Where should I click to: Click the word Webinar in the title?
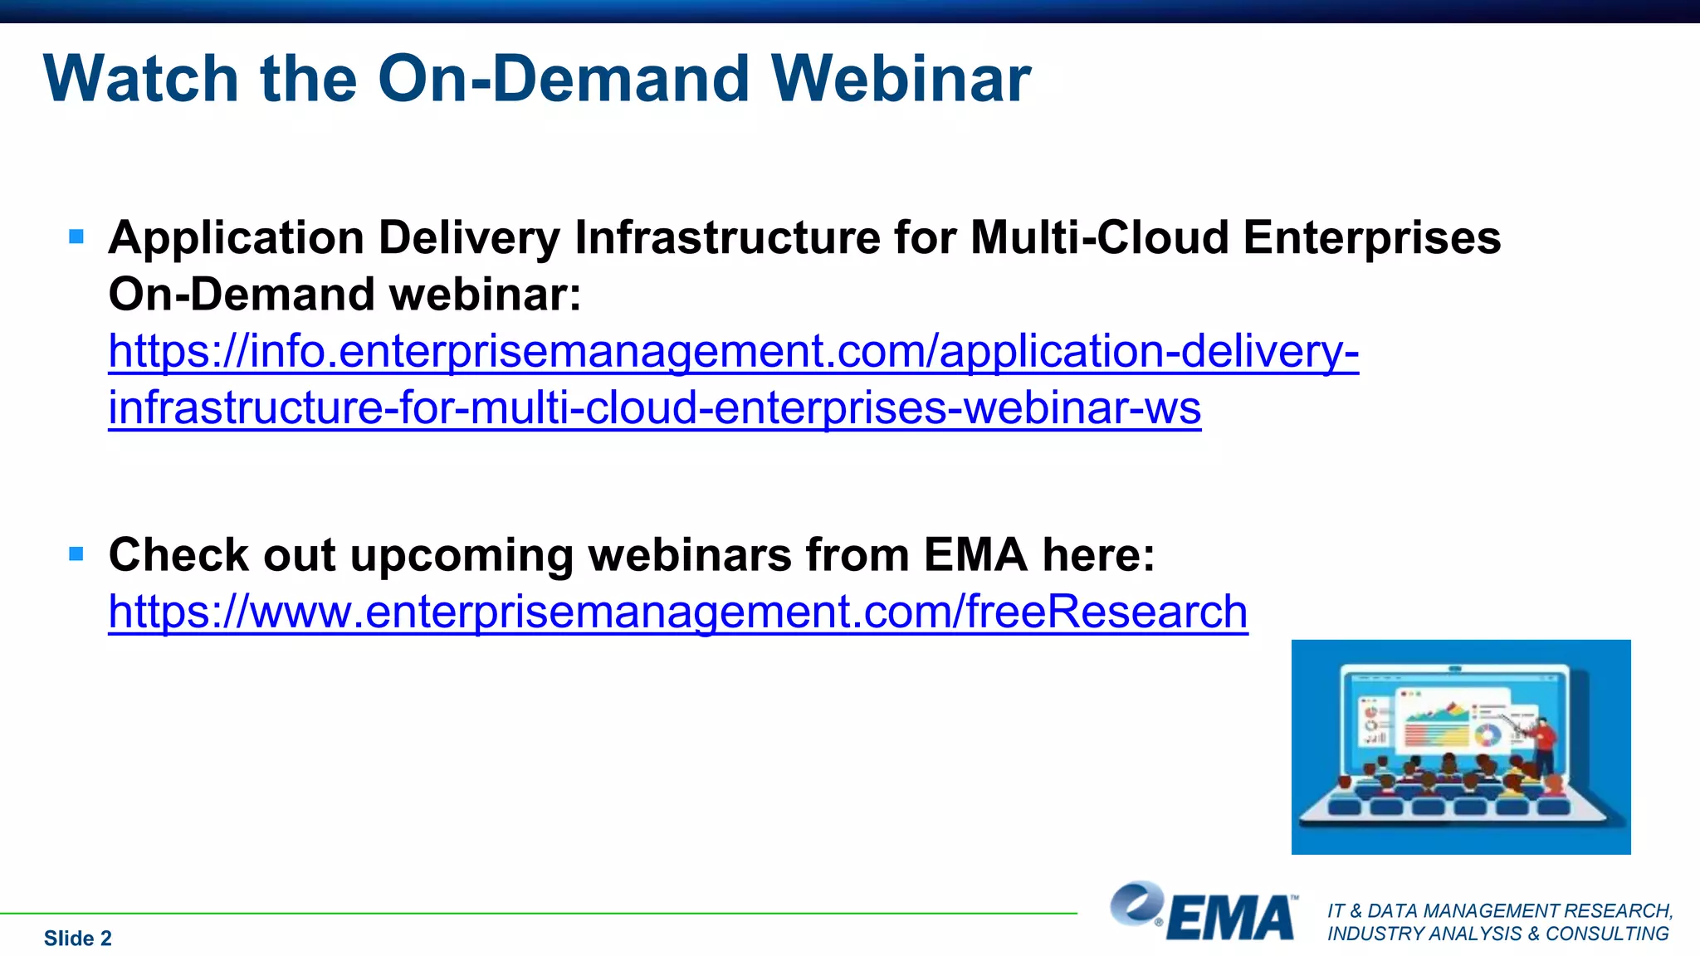point(901,79)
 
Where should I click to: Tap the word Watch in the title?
point(141,79)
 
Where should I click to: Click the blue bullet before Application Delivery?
point(76,237)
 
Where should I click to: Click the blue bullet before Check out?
point(76,554)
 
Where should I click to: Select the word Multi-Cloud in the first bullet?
point(1100,238)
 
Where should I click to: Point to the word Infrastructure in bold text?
point(727,238)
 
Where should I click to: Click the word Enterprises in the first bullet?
point(1371,238)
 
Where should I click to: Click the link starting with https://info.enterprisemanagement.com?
point(733,351)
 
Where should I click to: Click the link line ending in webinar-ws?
point(654,408)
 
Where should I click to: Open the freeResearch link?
point(677,612)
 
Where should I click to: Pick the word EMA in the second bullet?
point(975,554)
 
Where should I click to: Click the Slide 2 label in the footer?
point(77,939)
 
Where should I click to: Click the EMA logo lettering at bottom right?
point(1230,919)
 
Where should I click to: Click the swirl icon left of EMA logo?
point(1136,903)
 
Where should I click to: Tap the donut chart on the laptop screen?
point(1487,735)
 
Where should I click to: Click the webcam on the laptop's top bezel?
point(1455,669)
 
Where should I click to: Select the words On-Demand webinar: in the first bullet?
point(344,295)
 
